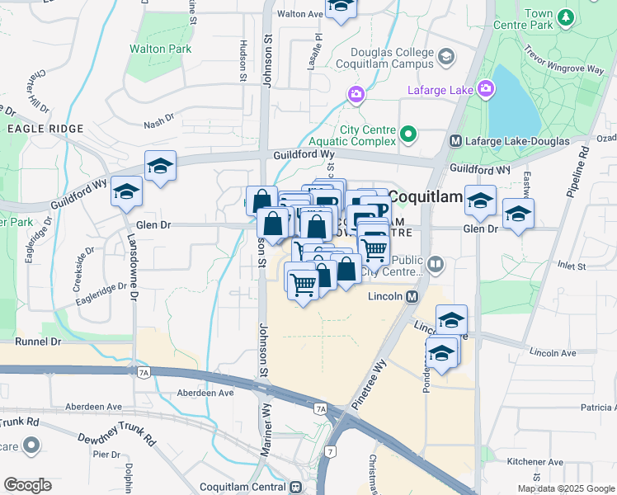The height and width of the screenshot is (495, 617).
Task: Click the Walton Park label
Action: [x=160, y=49]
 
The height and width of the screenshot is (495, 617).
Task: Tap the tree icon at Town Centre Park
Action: [x=566, y=16]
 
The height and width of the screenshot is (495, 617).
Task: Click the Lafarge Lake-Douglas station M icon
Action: [x=455, y=141]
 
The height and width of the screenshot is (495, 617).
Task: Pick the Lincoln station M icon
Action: [x=410, y=296]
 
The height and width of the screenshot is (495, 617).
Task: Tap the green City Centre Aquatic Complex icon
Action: [x=407, y=134]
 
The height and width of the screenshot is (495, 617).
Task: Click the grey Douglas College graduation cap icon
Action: [x=446, y=56]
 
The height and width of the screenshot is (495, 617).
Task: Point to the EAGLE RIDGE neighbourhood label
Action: [x=45, y=129]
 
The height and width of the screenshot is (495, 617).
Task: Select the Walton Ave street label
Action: [x=299, y=14]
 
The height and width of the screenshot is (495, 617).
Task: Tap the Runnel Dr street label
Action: [x=39, y=340]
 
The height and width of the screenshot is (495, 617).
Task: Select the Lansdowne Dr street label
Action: [x=133, y=264]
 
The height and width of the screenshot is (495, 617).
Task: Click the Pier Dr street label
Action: [x=106, y=454]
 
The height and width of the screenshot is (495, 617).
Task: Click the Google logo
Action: [x=27, y=485]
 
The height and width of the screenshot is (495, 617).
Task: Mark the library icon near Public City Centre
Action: [x=435, y=265]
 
